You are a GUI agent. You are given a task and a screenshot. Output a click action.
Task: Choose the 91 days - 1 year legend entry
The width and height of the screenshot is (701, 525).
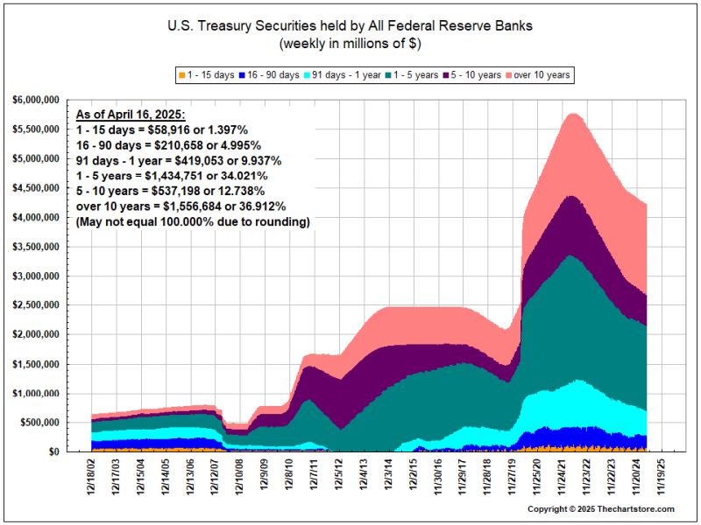click(x=342, y=75)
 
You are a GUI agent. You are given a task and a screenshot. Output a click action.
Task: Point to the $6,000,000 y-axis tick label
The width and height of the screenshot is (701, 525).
click(x=36, y=100)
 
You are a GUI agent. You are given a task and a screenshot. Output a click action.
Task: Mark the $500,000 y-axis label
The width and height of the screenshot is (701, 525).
click(x=39, y=423)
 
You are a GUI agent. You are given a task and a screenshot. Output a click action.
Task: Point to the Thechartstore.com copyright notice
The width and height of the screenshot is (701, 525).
click(x=601, y=508)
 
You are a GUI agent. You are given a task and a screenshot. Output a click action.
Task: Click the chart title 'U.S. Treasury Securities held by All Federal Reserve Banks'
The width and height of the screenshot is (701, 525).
click(x=350, y=26)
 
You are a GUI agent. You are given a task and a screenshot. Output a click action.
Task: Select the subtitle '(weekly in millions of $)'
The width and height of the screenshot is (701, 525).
click(x=350, y=43)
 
